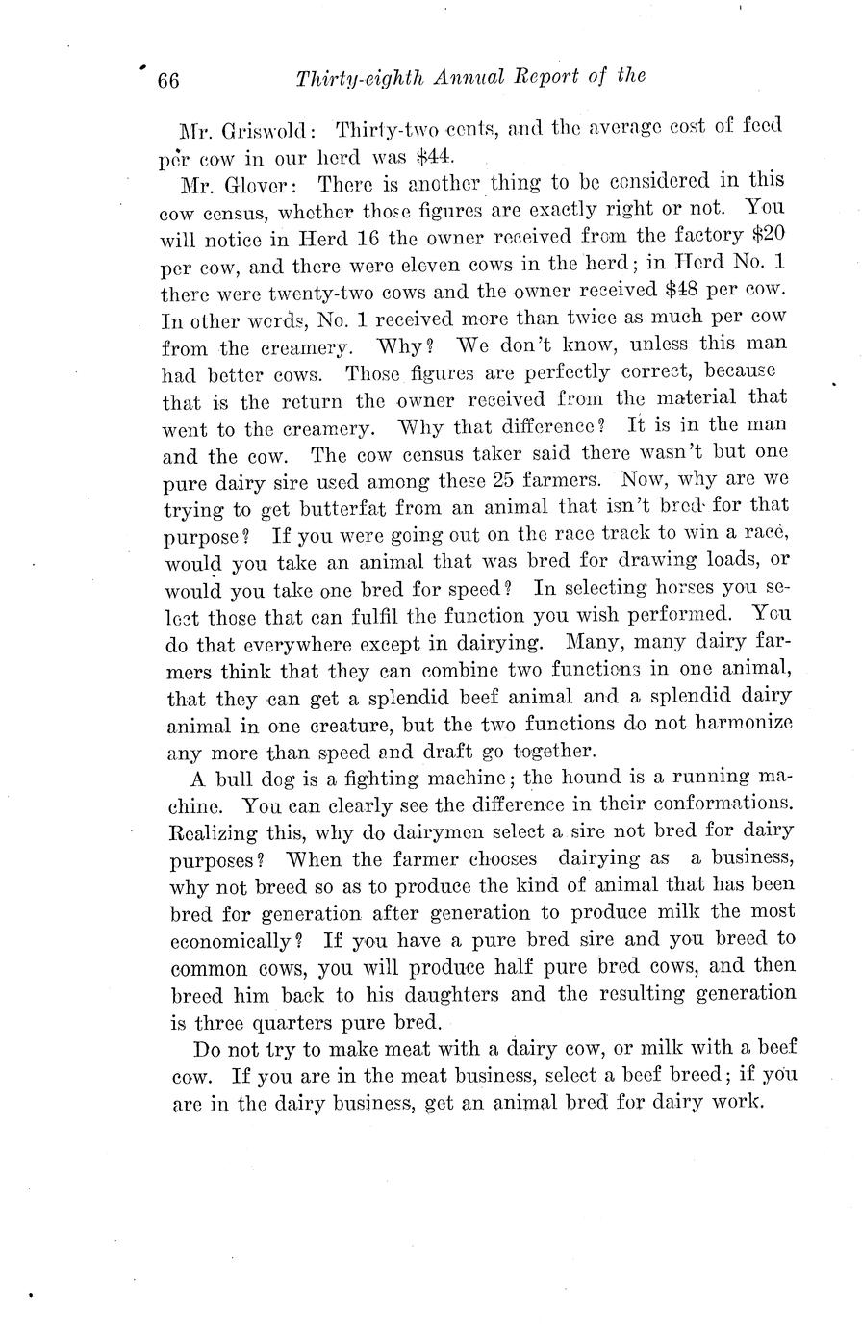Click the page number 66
click(x=167, y=80)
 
